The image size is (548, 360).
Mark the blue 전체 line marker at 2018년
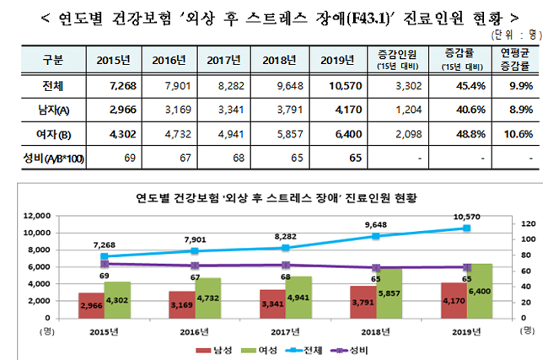point(375,236)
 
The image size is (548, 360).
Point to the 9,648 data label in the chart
point(375,225)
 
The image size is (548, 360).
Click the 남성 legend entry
point(213,347)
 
